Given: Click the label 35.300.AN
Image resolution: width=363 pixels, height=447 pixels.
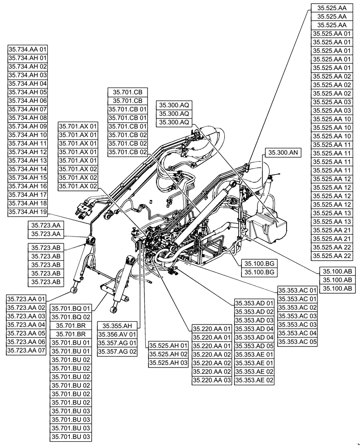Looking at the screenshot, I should tap(283, 152).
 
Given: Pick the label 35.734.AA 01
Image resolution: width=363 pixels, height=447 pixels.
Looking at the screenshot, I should tap(28, 50).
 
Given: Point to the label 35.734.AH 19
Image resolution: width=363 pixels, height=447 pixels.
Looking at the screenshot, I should tap(28, 211).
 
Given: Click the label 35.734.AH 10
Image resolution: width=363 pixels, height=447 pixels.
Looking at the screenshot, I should tap(28, 135).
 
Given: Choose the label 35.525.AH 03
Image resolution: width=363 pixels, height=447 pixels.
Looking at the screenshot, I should tap(168, 363).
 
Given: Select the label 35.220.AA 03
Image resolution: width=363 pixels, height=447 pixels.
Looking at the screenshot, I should tap(212, 380).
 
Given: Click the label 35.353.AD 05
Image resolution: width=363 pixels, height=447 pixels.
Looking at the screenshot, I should tap(254, 346).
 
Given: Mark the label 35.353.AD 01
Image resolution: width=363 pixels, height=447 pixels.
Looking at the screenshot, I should tap(254, 303).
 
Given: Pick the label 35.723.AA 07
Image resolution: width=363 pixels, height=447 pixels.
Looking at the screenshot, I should tap(26, 350).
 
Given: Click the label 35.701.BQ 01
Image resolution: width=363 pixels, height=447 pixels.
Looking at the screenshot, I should tap(71, 308).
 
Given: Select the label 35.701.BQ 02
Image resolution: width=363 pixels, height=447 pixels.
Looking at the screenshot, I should tap(71, 317).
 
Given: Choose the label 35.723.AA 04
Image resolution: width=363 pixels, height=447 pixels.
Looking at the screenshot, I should tap(26, 325).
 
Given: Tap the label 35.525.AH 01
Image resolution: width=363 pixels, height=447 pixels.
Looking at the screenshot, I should tap(168, 346).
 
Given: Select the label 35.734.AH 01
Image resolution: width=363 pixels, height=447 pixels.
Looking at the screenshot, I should tap(28, 58).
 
